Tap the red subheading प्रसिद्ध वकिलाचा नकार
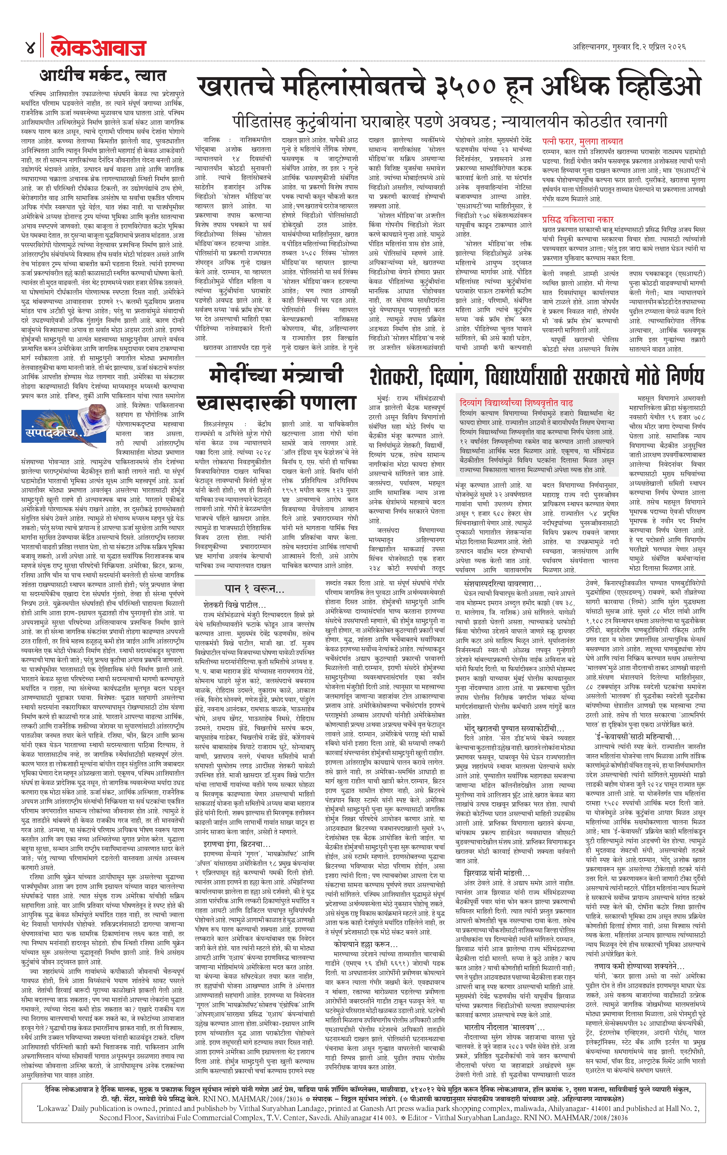(578, 220)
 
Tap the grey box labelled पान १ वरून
(261, 589)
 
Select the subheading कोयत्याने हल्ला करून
(362, 931)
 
